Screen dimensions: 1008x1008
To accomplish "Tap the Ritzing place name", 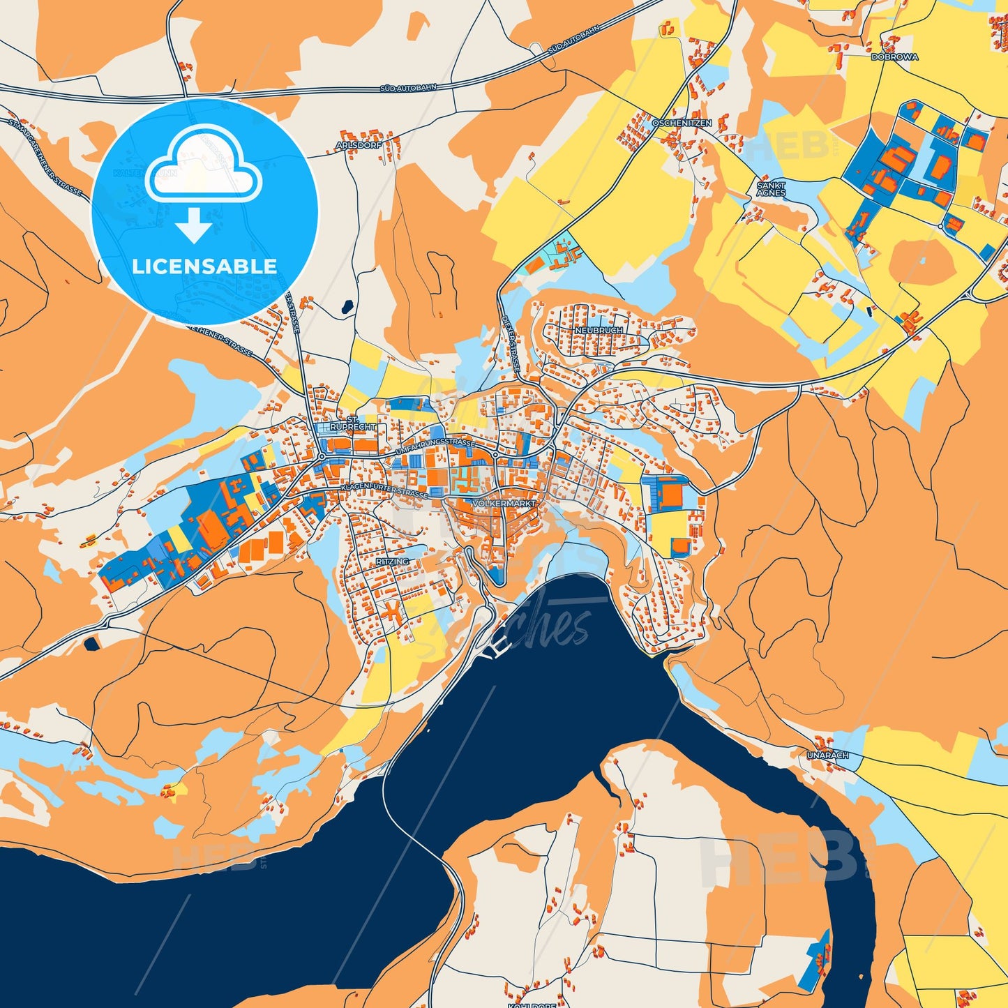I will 392,562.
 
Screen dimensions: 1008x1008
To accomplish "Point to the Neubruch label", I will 599,329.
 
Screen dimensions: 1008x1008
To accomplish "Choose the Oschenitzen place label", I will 682,123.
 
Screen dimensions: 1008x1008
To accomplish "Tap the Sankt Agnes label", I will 771,189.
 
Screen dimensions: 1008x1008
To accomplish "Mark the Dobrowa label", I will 894,57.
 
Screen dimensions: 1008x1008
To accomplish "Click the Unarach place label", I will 827,755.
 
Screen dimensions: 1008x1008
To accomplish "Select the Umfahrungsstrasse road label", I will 435,448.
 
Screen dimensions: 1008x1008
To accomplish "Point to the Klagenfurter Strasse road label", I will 384,489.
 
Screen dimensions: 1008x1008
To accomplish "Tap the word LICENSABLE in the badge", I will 204,266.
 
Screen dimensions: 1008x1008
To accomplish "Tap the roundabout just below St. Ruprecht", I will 321,456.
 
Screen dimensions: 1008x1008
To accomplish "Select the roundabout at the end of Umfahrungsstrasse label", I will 495,455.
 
